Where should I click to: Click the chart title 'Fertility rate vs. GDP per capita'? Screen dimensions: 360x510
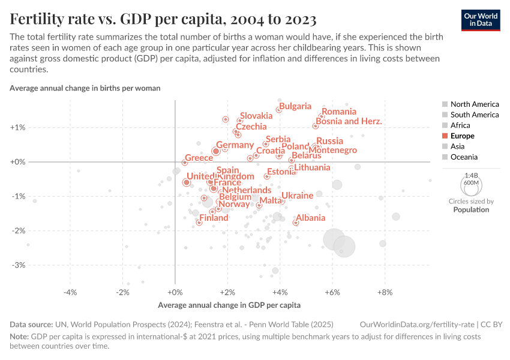163,19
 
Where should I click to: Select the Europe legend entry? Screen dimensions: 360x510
462,136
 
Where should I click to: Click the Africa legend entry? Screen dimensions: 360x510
460,125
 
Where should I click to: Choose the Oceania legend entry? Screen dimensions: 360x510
464,157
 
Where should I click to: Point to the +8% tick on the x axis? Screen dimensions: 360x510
385,292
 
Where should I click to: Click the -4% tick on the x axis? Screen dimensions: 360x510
70,292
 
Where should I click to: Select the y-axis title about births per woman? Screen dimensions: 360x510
85,88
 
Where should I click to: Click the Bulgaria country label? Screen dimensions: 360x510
295,106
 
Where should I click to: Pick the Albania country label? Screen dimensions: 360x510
311,218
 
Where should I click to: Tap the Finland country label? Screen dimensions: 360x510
214,218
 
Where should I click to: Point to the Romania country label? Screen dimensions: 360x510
339,112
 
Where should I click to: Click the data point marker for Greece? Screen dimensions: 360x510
185,163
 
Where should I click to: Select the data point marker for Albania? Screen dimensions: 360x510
296,223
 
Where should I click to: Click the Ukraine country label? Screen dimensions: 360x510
297,196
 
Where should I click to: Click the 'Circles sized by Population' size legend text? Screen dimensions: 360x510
471,206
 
